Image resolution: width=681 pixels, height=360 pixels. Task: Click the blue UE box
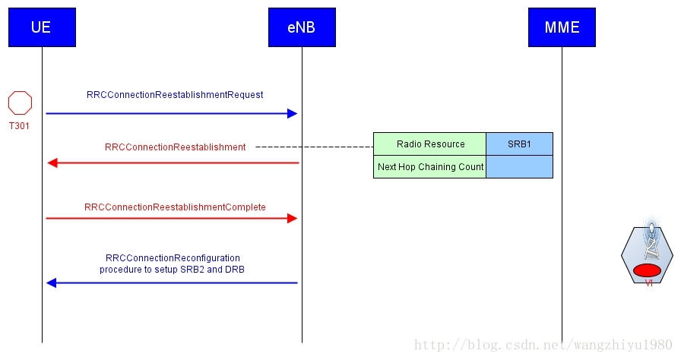(42, 27)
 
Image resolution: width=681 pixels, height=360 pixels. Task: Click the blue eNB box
(302, 27)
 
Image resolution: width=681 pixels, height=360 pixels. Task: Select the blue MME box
(562, 27)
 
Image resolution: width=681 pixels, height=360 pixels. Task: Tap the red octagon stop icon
(20, 103)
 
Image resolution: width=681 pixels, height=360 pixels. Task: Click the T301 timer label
(19, 126)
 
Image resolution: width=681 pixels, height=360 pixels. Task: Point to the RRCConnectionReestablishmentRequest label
(175, 95)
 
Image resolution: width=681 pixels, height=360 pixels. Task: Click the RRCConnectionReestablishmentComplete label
(175, 207)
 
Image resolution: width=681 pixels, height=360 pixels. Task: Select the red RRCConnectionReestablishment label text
(175, 147)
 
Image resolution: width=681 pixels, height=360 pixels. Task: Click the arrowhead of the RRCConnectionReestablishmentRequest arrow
(292, 113)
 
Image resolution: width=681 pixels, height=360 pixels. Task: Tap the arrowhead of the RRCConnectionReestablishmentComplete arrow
(292, 218)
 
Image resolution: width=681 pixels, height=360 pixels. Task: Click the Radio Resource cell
(430, 144)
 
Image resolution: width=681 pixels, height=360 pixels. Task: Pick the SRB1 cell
(519, 144)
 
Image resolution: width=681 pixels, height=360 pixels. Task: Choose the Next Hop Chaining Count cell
(430, 167)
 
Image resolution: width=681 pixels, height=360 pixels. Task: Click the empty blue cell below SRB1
(519, 167)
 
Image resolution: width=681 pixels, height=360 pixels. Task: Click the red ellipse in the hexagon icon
(648, 270)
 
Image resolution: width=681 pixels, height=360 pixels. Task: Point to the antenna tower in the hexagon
(650, 242)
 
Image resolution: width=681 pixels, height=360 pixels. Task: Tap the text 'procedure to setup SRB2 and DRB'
(172, 270)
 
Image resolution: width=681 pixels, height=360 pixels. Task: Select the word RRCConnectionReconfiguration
(173, 258)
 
